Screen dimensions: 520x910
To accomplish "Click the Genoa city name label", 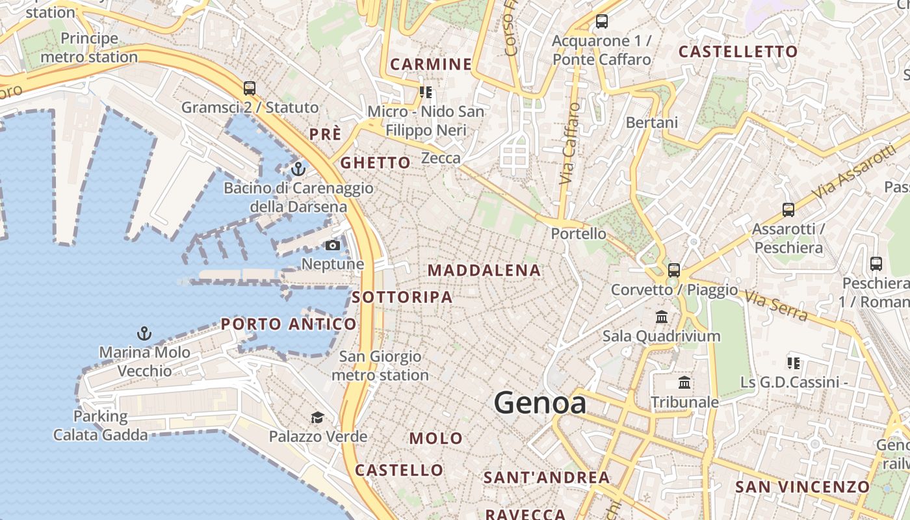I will click(540, 403).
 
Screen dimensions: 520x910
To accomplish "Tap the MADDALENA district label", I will click(484, 270).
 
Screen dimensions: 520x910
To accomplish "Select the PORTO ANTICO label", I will click(289, 324).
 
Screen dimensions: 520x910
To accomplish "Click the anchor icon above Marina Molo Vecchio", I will click(144, 333).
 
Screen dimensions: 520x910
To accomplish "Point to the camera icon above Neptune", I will click(332, 245).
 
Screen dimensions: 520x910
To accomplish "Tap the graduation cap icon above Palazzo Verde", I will click(317, 417).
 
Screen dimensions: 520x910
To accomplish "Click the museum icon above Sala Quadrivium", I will click(662, 317).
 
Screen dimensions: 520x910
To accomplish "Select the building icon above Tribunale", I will click(684, 382).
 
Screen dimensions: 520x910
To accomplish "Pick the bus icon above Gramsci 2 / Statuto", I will click(250, 88).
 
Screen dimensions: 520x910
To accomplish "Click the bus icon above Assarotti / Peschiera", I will click(788, 209).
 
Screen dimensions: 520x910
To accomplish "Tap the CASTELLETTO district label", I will click(738, 52).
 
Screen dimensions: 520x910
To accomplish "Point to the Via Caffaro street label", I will click(569, 143).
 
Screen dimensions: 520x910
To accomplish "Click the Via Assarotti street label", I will click(853, 172).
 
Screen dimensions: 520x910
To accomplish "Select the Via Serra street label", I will click(777, 307).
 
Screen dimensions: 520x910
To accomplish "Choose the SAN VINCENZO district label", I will click(802, 487).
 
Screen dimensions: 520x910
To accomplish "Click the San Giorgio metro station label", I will click(380, 365).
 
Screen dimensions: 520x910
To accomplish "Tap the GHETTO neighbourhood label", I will click(376, 162).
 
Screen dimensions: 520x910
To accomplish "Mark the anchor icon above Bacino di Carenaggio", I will click(298, 169).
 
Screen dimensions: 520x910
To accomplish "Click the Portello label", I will click(578, 233).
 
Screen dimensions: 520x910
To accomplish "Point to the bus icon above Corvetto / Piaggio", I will click(674, 270).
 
